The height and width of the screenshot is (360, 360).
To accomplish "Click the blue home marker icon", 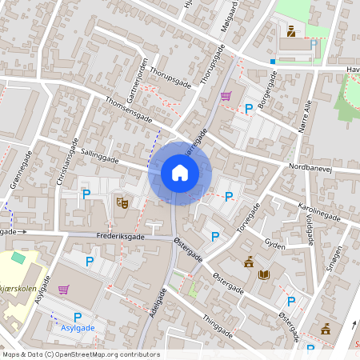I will coord(180,172).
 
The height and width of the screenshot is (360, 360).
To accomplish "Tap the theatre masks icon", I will coord(122,203).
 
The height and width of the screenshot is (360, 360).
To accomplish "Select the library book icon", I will coord(264,274).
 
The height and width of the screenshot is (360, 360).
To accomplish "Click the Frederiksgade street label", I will coord(120,237).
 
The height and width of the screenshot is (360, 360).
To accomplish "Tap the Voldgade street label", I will coord(310,233).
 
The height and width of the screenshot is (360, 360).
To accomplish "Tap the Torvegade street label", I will coord(247,217).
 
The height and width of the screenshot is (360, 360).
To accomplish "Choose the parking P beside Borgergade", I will coord(249,108).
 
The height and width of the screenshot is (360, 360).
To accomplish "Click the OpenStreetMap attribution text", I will coord(81,354).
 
